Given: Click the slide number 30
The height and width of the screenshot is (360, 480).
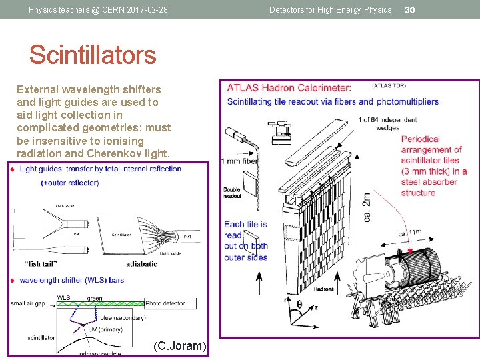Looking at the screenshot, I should click(x=410, y=9).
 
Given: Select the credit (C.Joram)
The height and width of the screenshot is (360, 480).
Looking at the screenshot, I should click(x=180, y=346).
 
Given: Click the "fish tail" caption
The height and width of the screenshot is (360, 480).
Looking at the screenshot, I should click(x=42, y=263).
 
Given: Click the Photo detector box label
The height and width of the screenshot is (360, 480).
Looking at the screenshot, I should click(x=165, y=303).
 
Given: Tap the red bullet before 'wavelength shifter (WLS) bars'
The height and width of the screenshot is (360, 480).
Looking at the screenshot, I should click(x=12, y=281).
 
